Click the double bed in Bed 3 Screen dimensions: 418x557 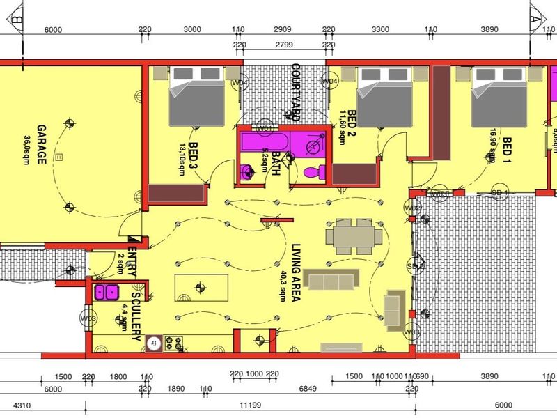pos(196,98)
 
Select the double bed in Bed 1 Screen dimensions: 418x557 pos(499,98)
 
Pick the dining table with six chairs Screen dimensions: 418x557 pos(354,236)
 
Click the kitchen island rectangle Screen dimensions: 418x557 pos(201,286)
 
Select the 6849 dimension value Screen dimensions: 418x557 pos(307,389)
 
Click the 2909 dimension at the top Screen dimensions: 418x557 pos(283,30)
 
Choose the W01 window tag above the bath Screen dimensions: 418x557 pos(264,129)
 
